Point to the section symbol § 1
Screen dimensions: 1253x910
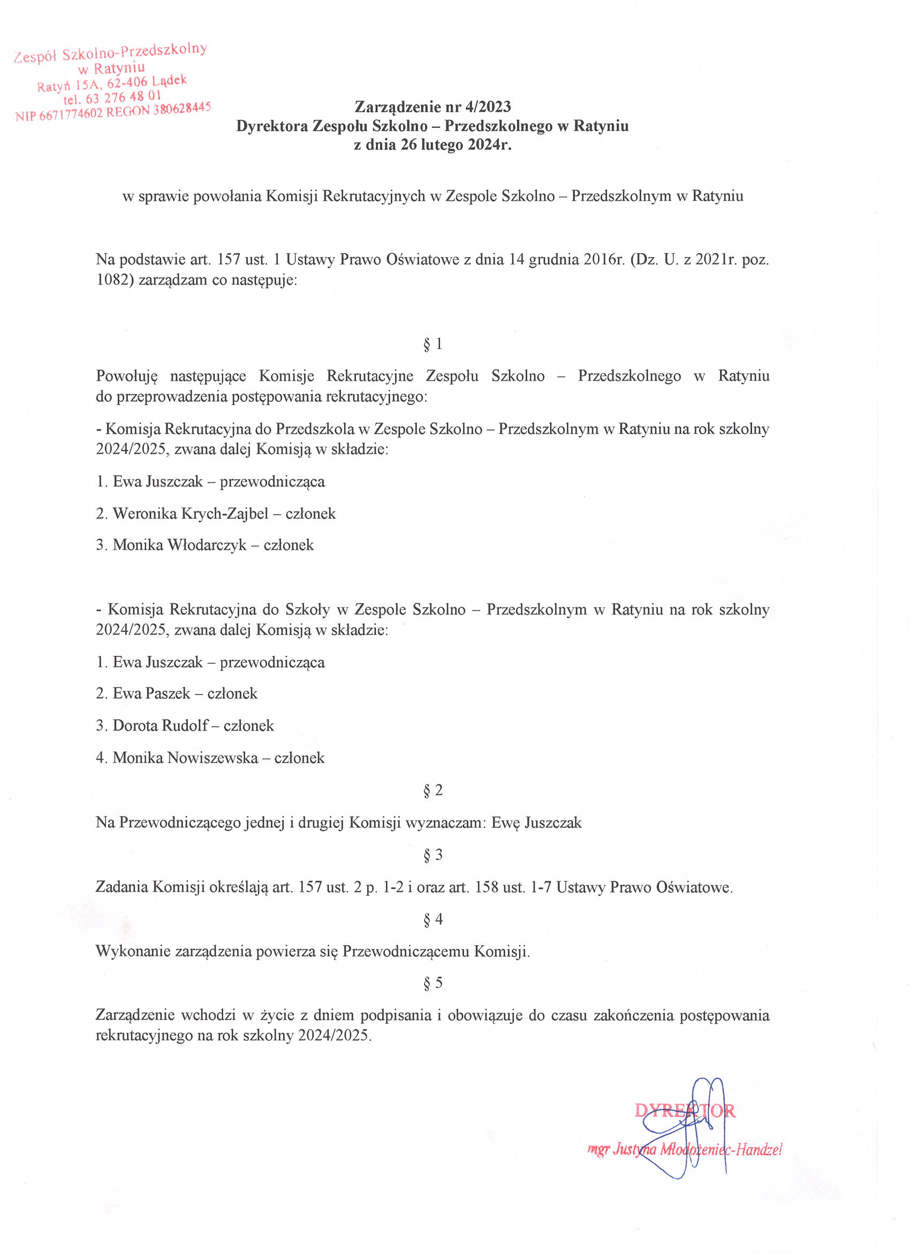[x=433, y=345]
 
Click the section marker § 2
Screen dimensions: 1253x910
[x=433, y=790]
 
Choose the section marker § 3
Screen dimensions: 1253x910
[x=433, y=855]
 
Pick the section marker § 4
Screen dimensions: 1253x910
[x=433, y=919]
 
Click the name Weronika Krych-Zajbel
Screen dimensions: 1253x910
[x=191, y=514]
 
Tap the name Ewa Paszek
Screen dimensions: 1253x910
[x=151, y=693]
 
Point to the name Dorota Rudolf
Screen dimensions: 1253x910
[x=160, y=726]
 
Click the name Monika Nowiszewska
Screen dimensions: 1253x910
[x=185, y=758]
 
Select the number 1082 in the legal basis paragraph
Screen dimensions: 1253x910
[x=112, y=280]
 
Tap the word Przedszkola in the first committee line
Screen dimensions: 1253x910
[x=314, y=429]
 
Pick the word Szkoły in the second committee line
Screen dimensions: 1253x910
[x=308, y=609]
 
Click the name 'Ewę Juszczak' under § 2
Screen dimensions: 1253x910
[x=536, y=822]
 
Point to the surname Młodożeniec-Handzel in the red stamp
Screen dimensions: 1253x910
[x=717, y=1150]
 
